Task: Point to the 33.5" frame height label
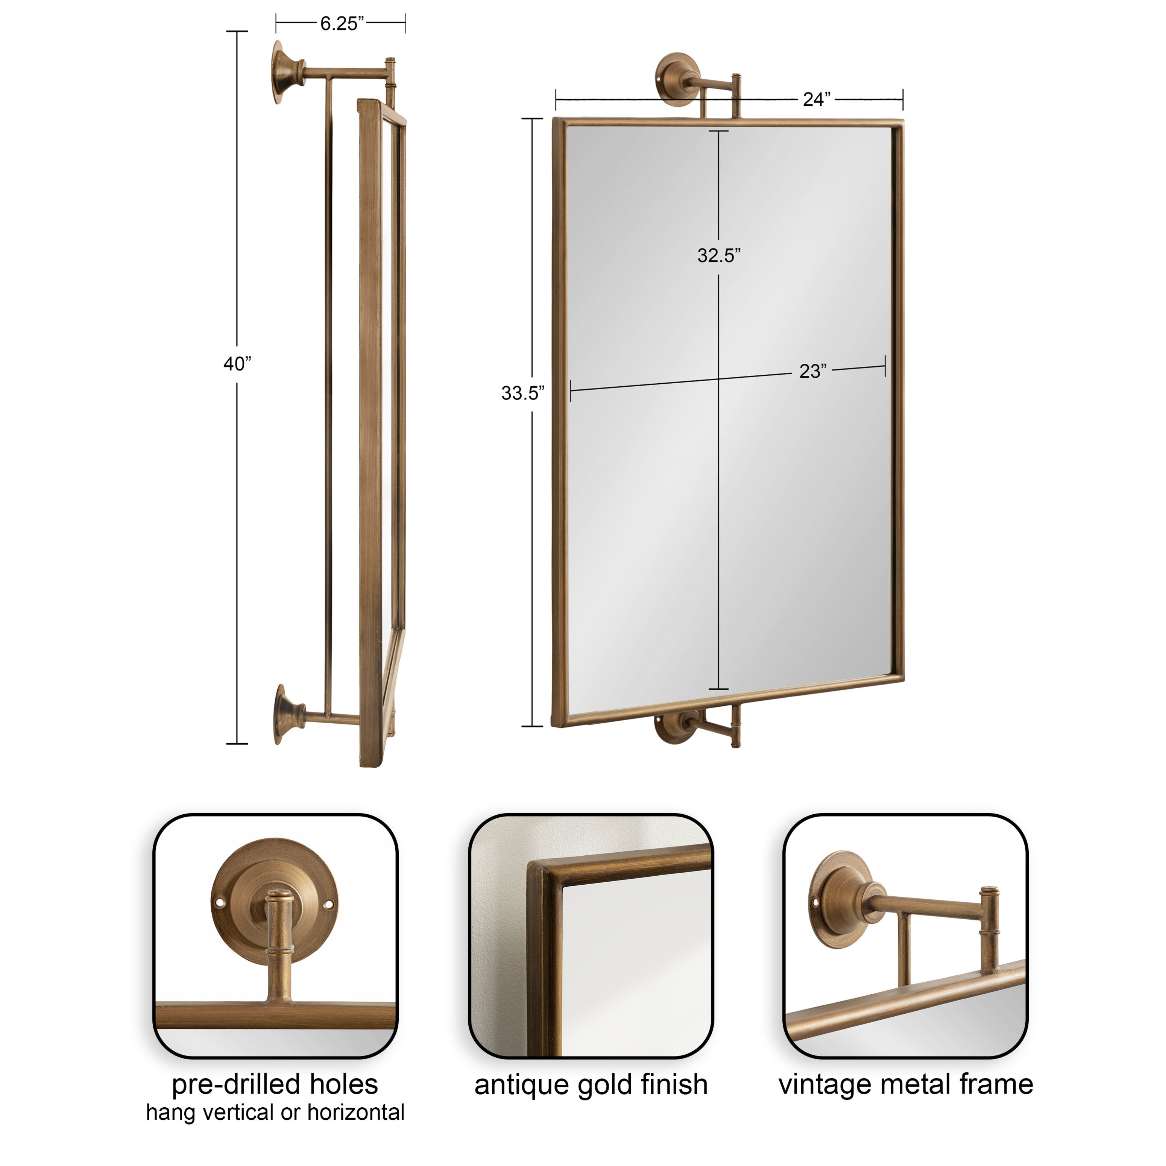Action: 523,393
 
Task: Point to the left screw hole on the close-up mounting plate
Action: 220,903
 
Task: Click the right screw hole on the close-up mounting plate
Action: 329,905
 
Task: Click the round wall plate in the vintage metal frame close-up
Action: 841,899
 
